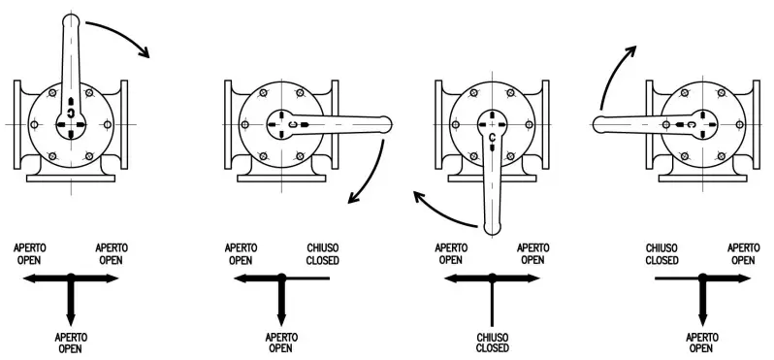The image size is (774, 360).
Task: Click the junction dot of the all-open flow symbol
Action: [71, 278]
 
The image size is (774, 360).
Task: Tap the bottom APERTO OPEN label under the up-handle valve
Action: [71, 342]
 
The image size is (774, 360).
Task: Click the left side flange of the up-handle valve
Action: [18, 124]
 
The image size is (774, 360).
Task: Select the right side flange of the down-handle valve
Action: [547, 124]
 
